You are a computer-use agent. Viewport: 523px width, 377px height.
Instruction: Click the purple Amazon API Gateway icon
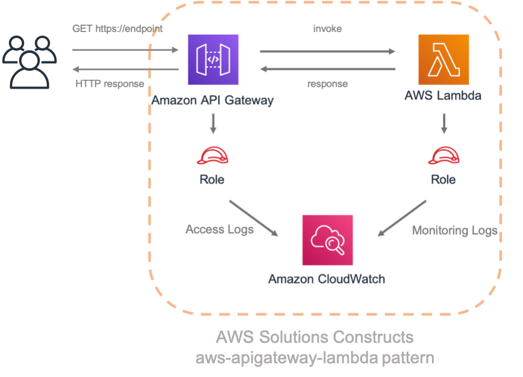coord(213,59)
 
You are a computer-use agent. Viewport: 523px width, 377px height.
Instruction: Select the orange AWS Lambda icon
coord(444,59)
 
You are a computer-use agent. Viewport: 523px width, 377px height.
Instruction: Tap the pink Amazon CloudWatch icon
coord(328,240)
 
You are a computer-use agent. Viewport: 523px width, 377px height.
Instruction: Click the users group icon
coord(29,61)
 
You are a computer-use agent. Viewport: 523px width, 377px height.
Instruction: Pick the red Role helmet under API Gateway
coord(213,155)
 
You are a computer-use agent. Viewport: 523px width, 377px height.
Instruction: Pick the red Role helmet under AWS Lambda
coord(444,155)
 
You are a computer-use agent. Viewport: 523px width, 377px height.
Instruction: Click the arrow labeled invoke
coord(327,51)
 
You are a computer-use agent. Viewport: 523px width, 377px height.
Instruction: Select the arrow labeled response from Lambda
coord(327,69)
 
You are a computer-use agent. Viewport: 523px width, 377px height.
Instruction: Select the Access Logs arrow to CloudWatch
coord(253,218)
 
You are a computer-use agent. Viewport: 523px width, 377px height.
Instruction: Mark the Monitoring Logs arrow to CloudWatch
coord(403,218)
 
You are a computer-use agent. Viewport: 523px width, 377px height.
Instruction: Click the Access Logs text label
coord(219,229)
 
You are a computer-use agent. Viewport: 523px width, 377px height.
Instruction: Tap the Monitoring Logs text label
coord(455,231)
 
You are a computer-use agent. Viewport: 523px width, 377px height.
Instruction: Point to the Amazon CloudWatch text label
coord(326,278)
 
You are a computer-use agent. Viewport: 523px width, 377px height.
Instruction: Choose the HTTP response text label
coord(109,83)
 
